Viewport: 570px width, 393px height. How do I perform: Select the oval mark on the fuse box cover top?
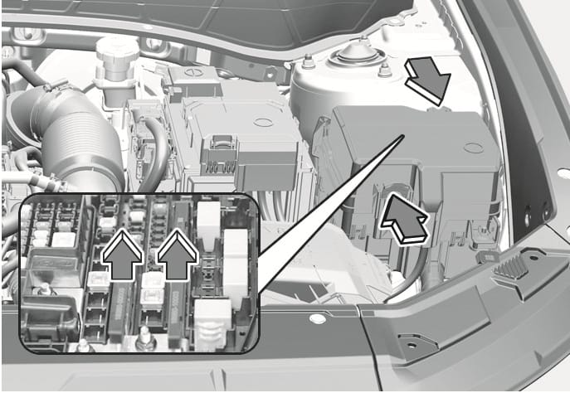pyautogui.click(x=472, y=149)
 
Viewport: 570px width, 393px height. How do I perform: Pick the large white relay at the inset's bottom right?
pyautogui.click(x=211, y=315)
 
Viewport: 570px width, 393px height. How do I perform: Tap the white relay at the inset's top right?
pyautogui.click(x=208, y=218)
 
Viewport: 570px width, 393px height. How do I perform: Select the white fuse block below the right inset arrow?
pyautogui.click(x=150, y=279)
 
